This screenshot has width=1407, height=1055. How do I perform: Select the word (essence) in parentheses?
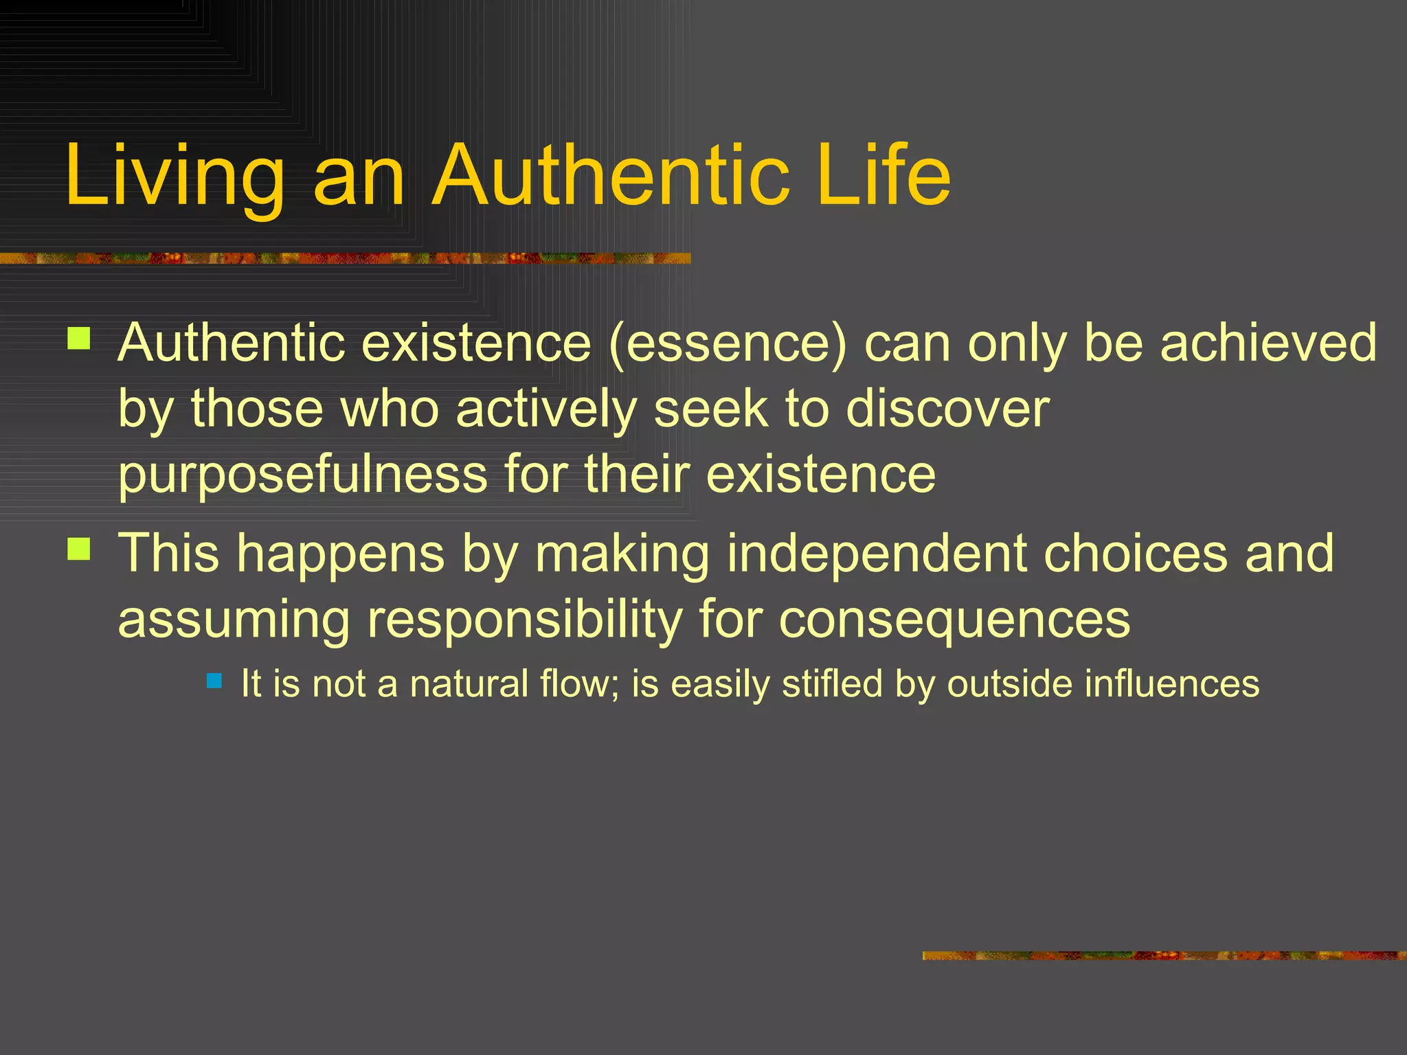click(x=728, y=343)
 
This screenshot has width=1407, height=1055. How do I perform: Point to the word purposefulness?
click(x=302, y=475)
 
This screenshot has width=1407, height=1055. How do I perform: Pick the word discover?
click(x=947, y=409)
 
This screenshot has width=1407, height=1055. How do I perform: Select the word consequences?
click(x=954, y=620)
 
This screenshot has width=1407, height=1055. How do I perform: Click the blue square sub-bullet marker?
click(x=214, y=681)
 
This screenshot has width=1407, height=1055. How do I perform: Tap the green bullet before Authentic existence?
click(x=79, y=339)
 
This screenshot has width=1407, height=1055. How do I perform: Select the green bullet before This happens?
click(x=79, y=549)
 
